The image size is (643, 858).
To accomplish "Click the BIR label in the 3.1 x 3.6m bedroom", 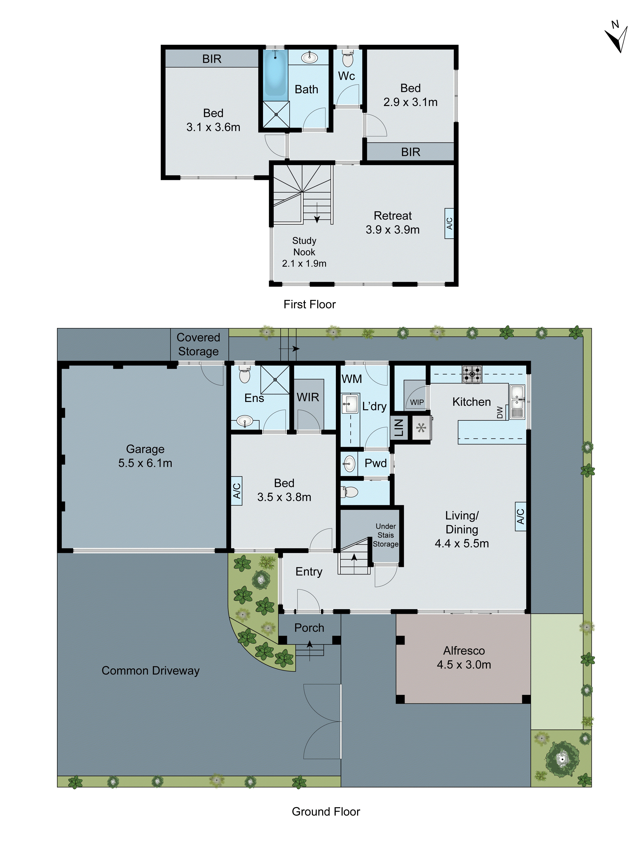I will coord(212,59).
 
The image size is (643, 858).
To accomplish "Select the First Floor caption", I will coord(309,304).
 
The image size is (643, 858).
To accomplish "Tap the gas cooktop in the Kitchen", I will coord(472,374).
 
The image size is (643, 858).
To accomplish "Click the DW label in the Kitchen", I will coord(500,412).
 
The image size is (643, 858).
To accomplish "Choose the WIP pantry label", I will coord(417,402).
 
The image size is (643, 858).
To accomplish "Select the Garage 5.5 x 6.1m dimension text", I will coord(145,463).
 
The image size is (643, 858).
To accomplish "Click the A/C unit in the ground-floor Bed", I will coord(236,491).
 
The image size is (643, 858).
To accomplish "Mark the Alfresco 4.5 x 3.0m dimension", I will coord(464,665).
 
